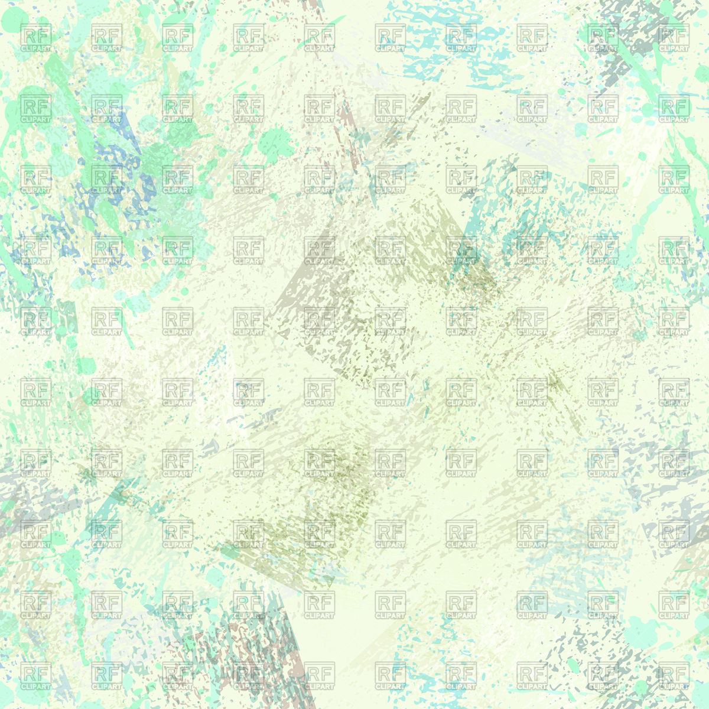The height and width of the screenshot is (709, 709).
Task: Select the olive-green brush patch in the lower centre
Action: click(x=331, y=473)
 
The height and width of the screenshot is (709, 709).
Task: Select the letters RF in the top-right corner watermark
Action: click(x=674, y=34)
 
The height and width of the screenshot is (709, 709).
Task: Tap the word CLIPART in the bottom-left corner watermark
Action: click(x=36, y=687)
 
